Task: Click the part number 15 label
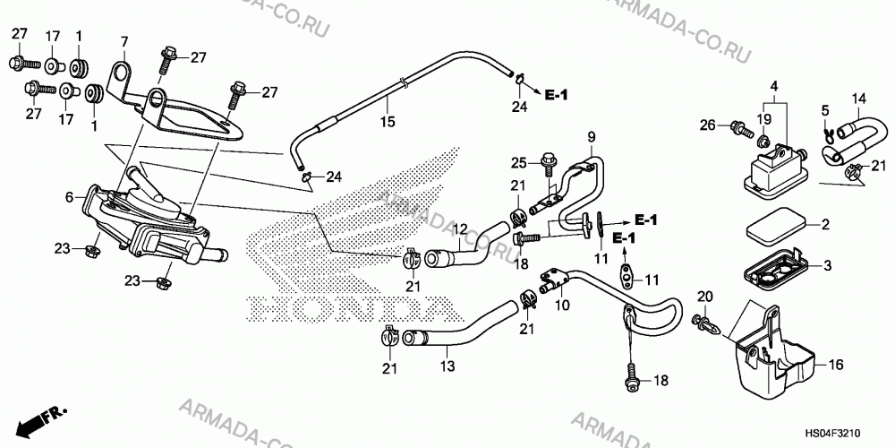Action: [388, 122]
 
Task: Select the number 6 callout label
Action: [69, 197]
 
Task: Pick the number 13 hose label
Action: [448, 366]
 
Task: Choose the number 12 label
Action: [460, 229]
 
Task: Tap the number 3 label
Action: [827, 266]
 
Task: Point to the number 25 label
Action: [517, 163]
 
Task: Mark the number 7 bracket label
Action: [124, 42]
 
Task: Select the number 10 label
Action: [562, 306]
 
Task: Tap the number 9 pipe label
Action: [592, 136]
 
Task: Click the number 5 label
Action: [825, 109]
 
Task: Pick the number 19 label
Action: [764, 119]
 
